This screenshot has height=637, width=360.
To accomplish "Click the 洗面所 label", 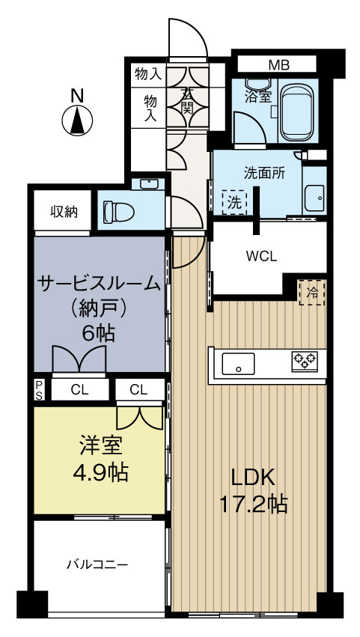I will (x=263, y=171).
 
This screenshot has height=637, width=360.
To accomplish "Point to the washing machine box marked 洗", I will (x=235, y=202).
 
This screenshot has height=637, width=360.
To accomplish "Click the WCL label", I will (x=262, y=255).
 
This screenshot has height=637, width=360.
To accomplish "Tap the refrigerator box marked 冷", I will (x=313, y=292).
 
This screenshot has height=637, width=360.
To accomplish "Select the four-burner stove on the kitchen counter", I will (x=304, y=361).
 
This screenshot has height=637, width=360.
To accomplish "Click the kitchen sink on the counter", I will (x=239, y=365).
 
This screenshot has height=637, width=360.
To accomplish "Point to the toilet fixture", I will (x=118, y=212).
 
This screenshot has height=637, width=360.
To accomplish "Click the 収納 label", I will (x=64, y=211).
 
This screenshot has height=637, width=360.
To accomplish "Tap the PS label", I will (x=38, y=388).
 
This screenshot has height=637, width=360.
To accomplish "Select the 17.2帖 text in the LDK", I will (x=253, y=504).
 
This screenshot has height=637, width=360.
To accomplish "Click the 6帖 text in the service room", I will (x=99, y=333).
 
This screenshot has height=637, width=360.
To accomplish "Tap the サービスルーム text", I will (x=99, y=284).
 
